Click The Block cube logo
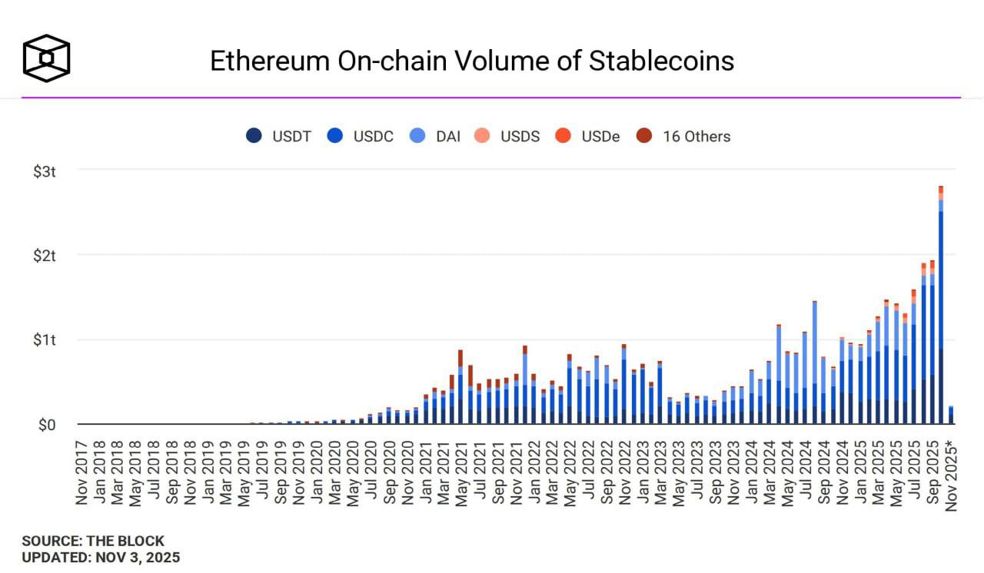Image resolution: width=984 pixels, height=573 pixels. [x=46, y=58]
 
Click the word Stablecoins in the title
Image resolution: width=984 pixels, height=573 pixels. [x=661, y=61]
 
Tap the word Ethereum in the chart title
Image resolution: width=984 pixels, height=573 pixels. [x=270, y=61]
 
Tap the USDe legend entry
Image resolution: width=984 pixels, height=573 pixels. [x=588, y=136]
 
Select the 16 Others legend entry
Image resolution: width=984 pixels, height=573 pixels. [x=683, y=136]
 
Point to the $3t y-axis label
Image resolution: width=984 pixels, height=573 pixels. [x=45, y=171]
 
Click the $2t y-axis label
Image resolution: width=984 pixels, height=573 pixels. [x=45, y=256]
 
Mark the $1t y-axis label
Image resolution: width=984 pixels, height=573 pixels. [x=45, y=340]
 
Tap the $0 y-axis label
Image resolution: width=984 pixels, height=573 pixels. [x=47, y=425]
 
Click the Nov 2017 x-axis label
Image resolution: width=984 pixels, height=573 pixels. [x=82, y=472]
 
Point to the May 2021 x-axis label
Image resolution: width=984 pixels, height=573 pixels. [x=460, y=472]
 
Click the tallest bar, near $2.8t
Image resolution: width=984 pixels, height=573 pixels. [x=941, y=307]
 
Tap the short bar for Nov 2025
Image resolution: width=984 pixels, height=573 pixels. [x=951, y=416]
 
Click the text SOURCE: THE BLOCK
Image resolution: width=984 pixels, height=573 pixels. [x=93, y=542]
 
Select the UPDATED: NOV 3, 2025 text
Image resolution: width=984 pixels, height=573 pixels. [x=101, y=558]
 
